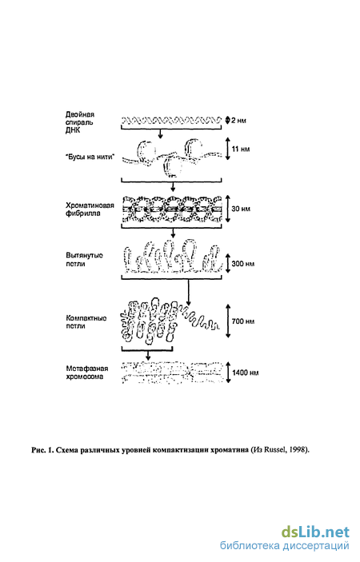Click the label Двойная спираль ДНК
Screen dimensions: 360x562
[x=80, y=122]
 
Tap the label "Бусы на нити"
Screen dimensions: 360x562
[x=90, y=157]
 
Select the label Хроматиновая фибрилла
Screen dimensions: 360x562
[x=90, y=209]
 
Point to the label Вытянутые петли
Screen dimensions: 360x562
[x=84, y=260]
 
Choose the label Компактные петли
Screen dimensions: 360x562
[x=86, y=322]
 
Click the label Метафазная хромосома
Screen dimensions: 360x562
[x=87, y=373]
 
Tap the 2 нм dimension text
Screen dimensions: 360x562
[x=239, y=121]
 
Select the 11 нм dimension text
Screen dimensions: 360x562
[x=241, y=149]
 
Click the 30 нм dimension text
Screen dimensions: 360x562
[x=241, y=208]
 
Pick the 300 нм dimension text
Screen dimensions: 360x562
[x=242, y=264]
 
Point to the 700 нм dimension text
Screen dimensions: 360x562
[x=243, y=321]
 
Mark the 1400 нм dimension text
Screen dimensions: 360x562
[x=245, y=373]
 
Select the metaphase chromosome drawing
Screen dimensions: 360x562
[x=172, y=373]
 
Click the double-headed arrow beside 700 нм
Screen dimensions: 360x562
[x=228, y=321]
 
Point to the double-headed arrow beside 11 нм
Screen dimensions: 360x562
[x=227, y=149]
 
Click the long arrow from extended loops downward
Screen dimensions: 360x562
[x=189, y=291]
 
